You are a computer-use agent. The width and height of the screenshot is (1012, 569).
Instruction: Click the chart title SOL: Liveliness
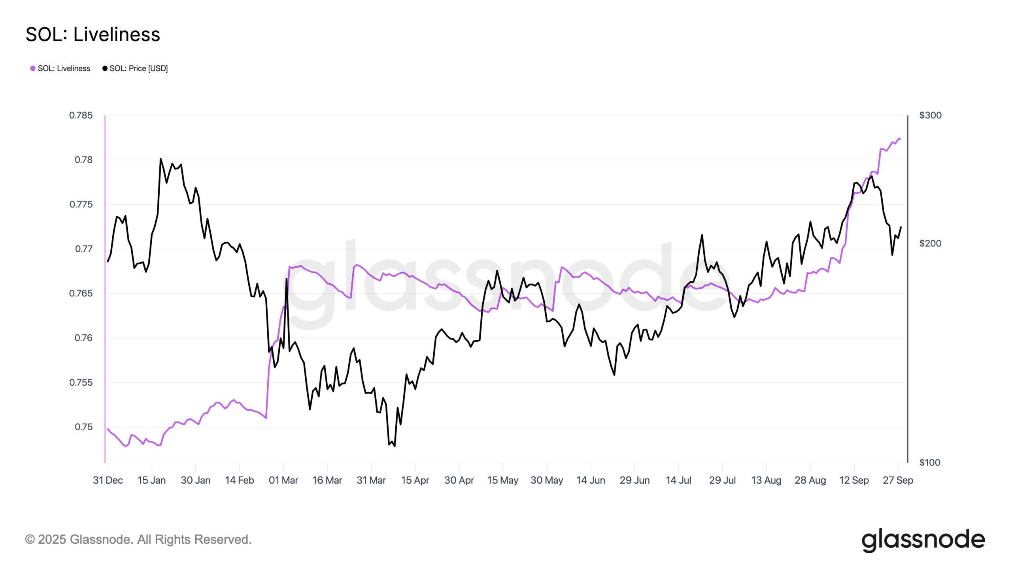(x=93, y=34)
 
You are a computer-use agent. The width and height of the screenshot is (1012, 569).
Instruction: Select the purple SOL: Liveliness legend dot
(x=33, y=68)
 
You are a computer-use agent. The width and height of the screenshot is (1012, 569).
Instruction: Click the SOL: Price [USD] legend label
(x=138, y=68)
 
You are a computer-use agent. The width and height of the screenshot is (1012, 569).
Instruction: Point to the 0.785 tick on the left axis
(x=81, y=115)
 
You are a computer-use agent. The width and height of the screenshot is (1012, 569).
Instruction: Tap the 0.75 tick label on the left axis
(x=83, y=427)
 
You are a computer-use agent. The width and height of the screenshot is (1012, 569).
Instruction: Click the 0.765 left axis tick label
(x=81, y=293)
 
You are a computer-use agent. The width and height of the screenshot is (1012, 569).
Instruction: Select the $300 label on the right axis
(x=930, y=115)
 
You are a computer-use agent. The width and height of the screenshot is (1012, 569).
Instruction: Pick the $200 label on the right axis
(x=930, y=243)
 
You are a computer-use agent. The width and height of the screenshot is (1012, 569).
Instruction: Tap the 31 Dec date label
(x=108, y=480)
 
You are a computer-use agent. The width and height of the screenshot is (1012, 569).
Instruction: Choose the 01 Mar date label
(x=283, y=480)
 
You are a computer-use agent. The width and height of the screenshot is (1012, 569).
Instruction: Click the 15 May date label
(x=503, y=480)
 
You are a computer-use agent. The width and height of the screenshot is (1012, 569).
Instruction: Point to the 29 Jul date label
(x=722, y=480)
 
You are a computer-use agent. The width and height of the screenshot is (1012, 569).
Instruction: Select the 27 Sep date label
(x=898, y=480)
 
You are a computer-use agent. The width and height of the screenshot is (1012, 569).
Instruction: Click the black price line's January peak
(x=160, y=159)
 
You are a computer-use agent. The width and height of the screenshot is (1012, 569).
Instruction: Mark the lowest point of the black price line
(x=395, y=447)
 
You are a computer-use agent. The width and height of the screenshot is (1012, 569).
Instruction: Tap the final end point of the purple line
(x=900, y=139)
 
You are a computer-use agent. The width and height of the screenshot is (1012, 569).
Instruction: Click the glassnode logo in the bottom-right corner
(x=923, y=540)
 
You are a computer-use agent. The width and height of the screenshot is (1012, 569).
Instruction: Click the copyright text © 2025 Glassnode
(x=138, y=539)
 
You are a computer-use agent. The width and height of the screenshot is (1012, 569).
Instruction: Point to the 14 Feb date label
(x=240, y=480)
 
